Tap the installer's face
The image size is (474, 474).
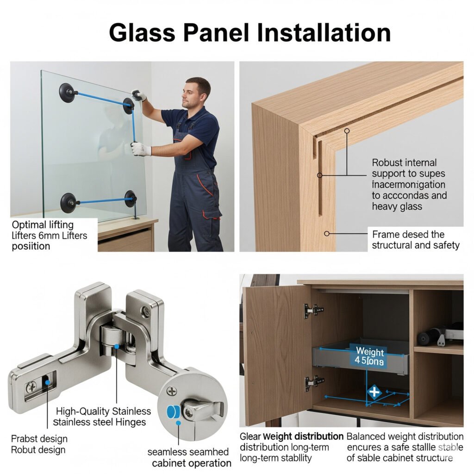click(x=194, y=94)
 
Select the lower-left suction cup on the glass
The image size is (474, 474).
click(x=69, y=202)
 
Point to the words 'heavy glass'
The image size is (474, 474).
click(x=397, y=206)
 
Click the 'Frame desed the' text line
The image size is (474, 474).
click(x=408, y=234)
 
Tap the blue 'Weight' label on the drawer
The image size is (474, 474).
click(x=370, y=350)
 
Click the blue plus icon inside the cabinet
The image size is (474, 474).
click(x=374, y=393)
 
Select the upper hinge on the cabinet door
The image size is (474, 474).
click(x=313, y=310)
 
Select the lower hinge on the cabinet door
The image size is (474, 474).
click(x=314, y=382)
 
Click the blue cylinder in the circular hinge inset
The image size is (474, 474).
click(x=172, y=411)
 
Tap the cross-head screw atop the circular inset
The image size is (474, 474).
click(x=172, y=392)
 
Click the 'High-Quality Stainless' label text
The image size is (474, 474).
click(x=103, y=411)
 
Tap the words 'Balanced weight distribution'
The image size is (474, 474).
click(x=405, y=437)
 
